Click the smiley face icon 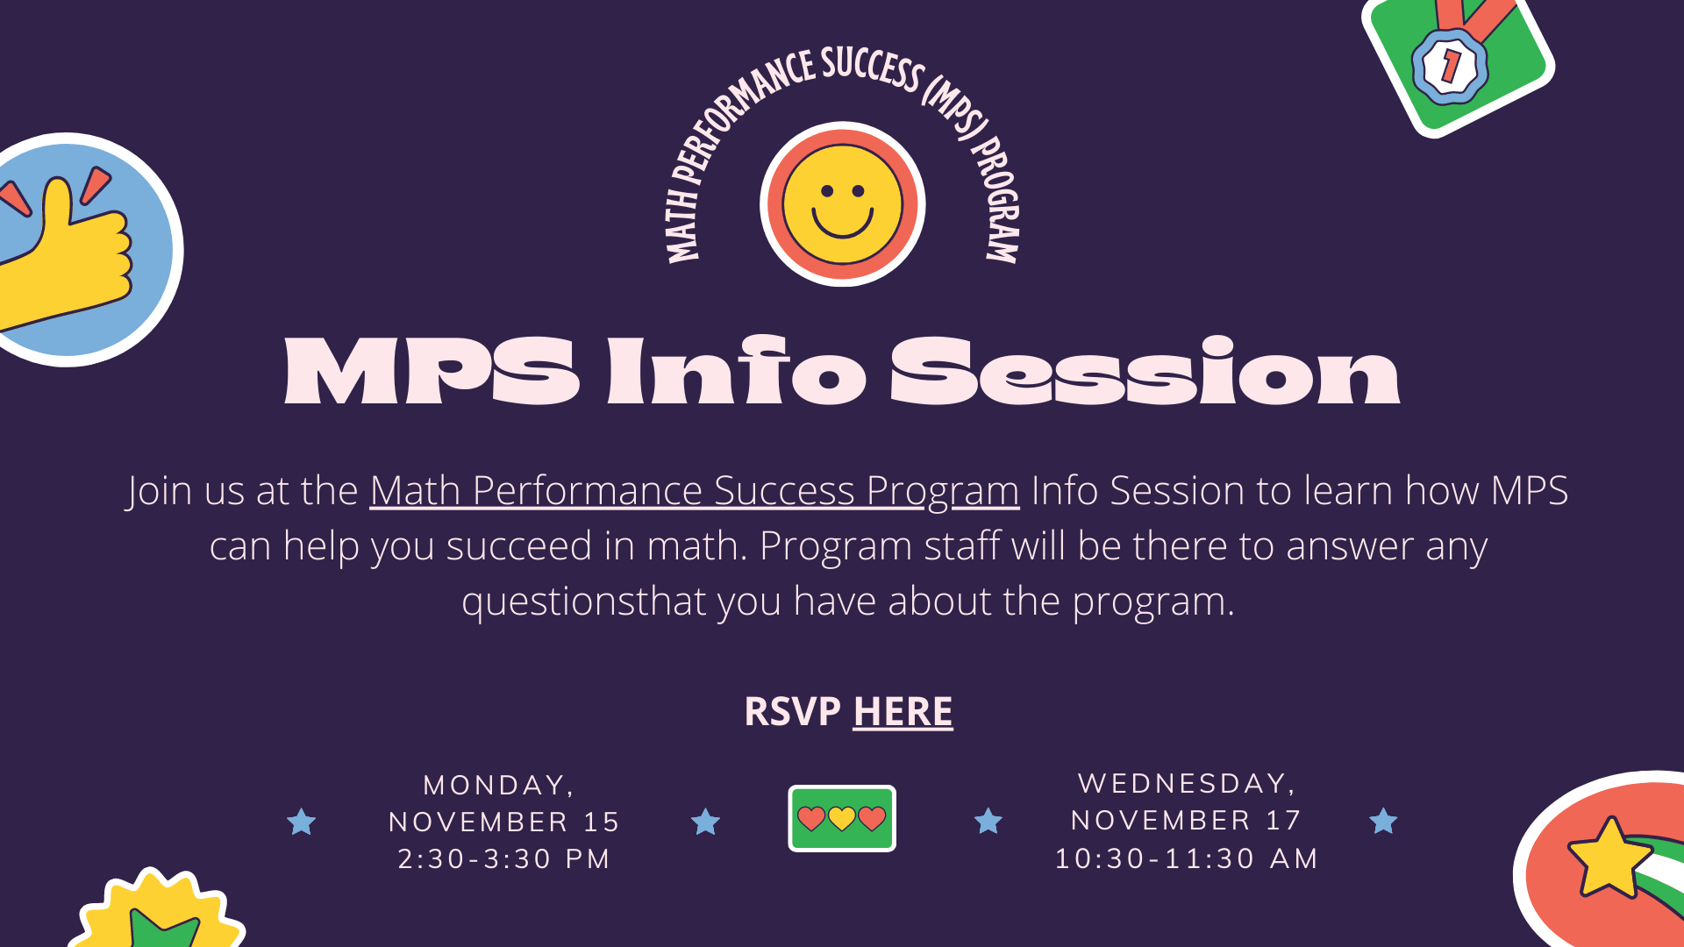(x=842, y=204)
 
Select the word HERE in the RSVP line (x=903, y=711)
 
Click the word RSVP (x=792, y=711)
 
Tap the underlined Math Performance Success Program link (x=694, y=491)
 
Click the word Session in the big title (x=1145, y=372)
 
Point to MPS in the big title (x=432, y=372)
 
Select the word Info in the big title (x=736, y=371)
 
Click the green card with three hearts (x=842, y=818)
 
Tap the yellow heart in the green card (x=842, y=818)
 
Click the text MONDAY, (x=499, y=786)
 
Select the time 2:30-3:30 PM (x=504, y=858)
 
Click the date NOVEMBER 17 (x=1186, y=820)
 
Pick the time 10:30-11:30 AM (x=1187, y=858)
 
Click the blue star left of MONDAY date (x=301, y=822)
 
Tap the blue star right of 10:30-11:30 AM (x=1383, y=821)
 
